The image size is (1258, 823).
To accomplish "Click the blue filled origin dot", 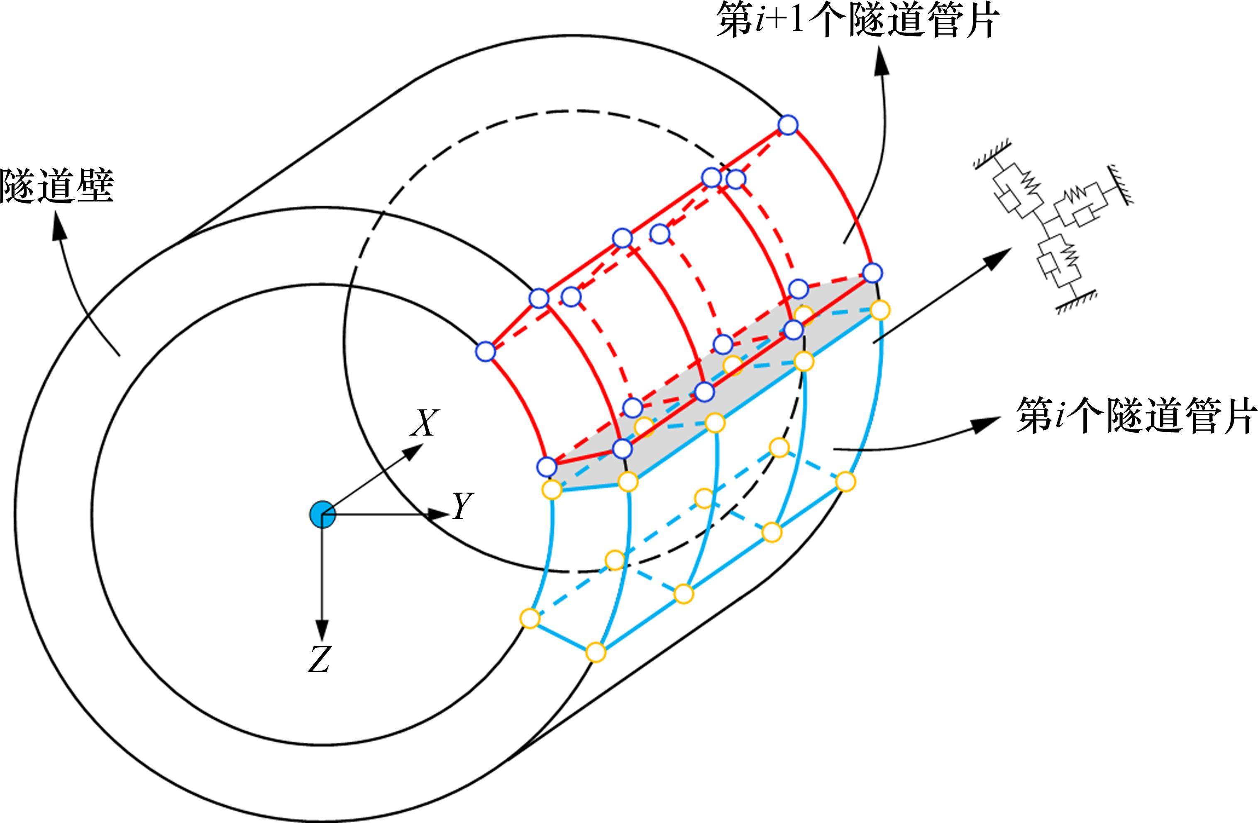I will (322, 514).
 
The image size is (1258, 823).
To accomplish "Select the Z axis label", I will (319, 660).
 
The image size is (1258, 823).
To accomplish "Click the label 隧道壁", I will (57, 186).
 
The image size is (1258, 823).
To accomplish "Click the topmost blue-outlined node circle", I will (788, 125).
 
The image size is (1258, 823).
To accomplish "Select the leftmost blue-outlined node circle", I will (485, 352).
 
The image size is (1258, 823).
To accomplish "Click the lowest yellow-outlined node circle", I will (595, 653).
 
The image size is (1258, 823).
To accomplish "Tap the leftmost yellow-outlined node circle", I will (530, 618).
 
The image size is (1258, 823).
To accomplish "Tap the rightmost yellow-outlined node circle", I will (879, 310).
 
